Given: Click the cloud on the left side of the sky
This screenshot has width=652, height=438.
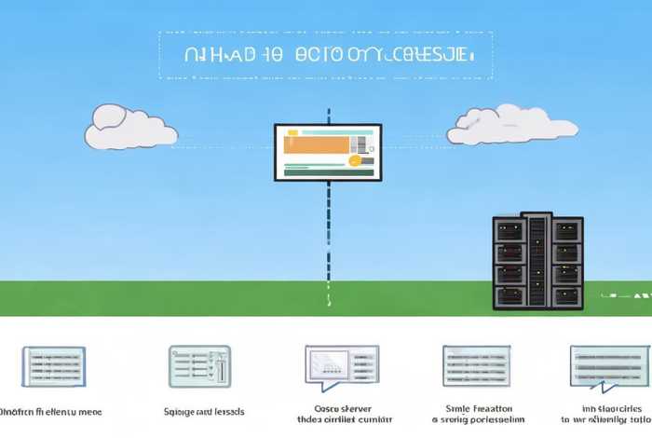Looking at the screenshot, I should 130,129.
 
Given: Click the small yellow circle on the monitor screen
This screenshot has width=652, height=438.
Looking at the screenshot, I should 354,160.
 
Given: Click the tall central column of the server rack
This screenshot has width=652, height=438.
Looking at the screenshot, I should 537,262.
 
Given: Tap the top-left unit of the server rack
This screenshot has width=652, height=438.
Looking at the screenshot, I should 509,230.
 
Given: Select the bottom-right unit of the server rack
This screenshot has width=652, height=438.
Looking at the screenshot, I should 566,296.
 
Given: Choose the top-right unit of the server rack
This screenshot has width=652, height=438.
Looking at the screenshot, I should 566,230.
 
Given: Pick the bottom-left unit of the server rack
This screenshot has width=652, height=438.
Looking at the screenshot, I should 509,296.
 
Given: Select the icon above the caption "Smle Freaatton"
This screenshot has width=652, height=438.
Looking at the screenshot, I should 476,365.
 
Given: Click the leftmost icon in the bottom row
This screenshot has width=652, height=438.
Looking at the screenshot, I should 52,365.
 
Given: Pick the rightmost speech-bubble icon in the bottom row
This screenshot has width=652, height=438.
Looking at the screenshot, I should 609,366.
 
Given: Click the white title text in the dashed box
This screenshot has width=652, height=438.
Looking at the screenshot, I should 325,55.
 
